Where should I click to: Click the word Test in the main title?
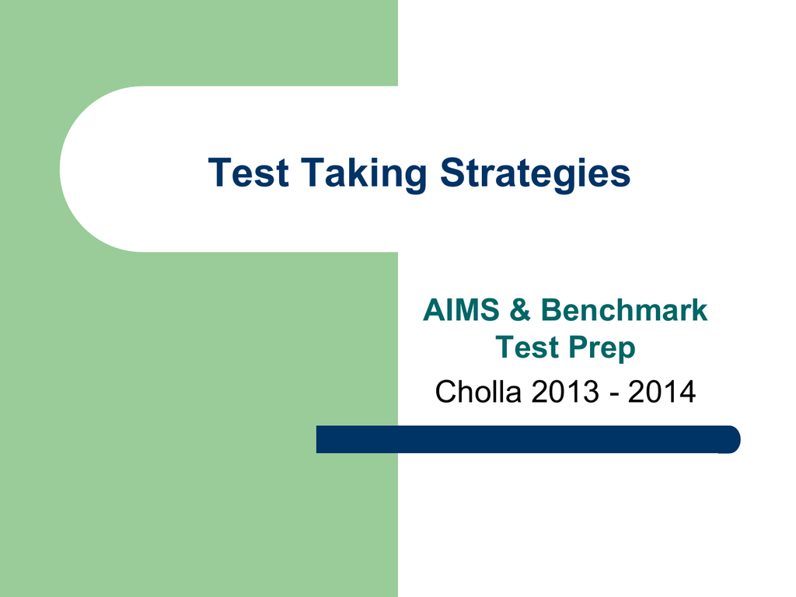pyautogui.click(x=249, y=173)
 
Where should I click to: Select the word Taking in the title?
pyautogui.click(x=364, y=174)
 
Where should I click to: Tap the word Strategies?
pyautogui.click(x=535, y=174)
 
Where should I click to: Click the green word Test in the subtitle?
pyautogui.click(x=527, y=347)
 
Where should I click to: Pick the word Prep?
pyautogui.click(x=602, y=349)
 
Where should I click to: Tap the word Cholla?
pyautogui.click(x=478, y=392)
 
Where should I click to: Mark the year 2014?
pyautogui.click(x=662, y=392)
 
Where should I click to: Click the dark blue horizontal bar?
pyautogui.click(x=528, y=439)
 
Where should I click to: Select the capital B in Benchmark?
pyautogui.click(x=552, y=309)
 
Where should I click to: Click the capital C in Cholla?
pyautogui.click(x=447, y=392)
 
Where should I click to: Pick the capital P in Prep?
pyautogui.click(x=578, y=347)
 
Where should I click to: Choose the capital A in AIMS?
pyautogui.click(x=435, y=309)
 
